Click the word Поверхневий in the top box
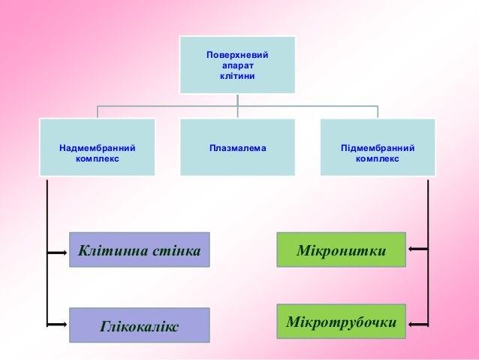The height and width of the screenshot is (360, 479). coord(237,55)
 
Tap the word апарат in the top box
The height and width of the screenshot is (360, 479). coord(238,66)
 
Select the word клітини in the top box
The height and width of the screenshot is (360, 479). coord(237,76)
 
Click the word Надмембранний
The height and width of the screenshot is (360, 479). coord(97,148)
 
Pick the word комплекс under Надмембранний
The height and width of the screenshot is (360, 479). coord(97,159)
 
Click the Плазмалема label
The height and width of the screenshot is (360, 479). coord(238,148)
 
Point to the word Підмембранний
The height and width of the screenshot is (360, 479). coord(378,148)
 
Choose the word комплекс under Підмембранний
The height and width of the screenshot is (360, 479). coord(378,159)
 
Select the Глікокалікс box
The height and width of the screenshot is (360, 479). coord(140,325)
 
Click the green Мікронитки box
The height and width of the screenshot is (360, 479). coord(341,250)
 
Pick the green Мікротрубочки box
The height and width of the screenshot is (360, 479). coord(341,322)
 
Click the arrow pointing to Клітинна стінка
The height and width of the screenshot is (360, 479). coord(57,253)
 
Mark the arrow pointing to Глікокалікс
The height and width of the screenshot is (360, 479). coord(57,324)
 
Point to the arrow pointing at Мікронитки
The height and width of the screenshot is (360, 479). coord(418,250)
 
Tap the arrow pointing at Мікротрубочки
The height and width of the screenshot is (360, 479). coord(418,324)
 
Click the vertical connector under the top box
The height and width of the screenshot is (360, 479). coord(238,106)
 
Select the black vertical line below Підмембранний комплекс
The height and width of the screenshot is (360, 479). coord(428,253)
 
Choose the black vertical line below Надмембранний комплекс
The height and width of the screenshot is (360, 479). coord(47,253)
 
